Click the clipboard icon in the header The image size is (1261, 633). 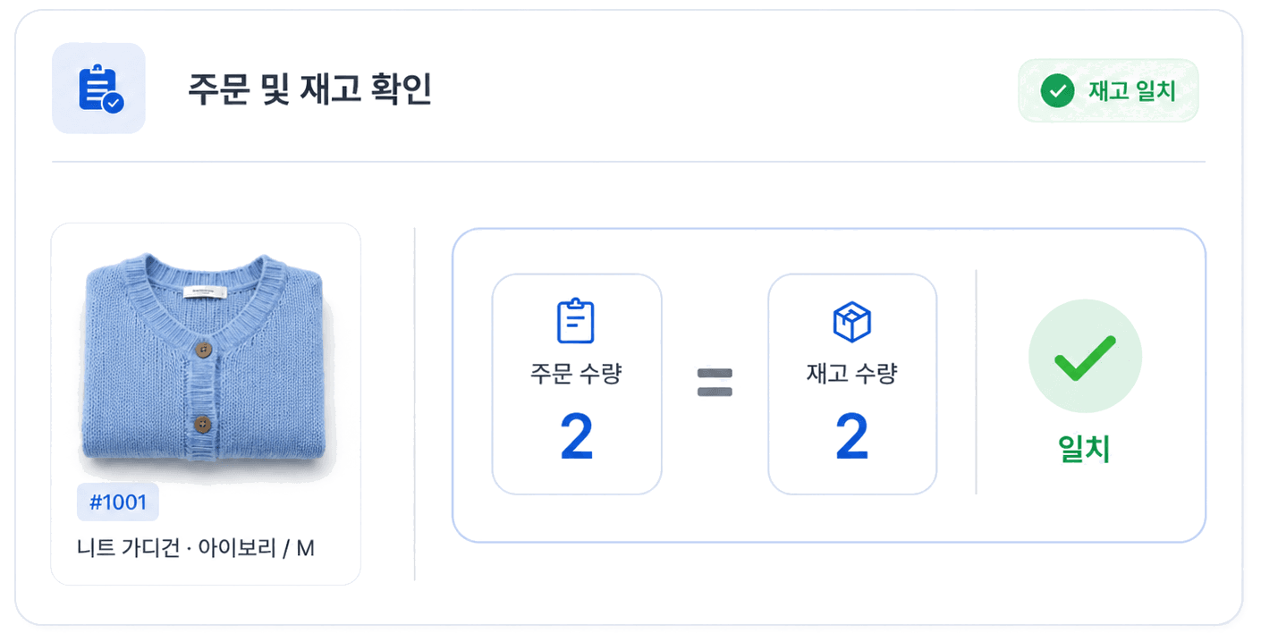click(x=101, y=89)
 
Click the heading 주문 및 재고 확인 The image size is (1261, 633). click(x=309, y=89)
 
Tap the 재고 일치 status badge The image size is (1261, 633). click(x=1108, y=90)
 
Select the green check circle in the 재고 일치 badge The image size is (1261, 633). click(x=1057, y=90)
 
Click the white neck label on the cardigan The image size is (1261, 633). click(x=205, y=291)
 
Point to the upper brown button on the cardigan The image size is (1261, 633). click(x=204, y=350)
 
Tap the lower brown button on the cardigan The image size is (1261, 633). click(x=203, y=424)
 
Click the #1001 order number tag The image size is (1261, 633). click(x=118, y=502)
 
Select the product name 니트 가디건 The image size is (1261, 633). click(x=129, y=547)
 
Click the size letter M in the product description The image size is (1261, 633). click(x=305, y=548)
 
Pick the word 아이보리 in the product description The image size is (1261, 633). click(x=237, y=547)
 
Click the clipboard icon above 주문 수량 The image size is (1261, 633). click(x=575, y=321)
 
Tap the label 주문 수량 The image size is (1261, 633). click(x=576, y=373)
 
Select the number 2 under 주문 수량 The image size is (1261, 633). click(x=577, y=436)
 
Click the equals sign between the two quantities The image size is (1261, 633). click(x=715, y=383)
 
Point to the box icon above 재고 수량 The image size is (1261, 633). click(x=851, y=322)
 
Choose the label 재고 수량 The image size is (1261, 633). click(x=851, y=373)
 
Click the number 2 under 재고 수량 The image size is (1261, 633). click(x=851, y=436)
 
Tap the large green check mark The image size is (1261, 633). click(x=1085, y=359)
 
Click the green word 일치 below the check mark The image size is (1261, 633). click(x=1084, y=449)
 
